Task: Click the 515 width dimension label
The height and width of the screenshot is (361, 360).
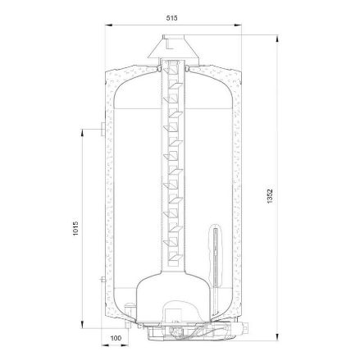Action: click(171, 18)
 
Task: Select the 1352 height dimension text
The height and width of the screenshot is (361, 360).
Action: click(270, 196)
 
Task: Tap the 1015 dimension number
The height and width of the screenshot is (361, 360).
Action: click(75, 228)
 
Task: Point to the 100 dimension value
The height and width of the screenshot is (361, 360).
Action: click(116, 338)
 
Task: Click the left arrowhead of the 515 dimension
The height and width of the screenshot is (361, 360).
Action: click(109, 25)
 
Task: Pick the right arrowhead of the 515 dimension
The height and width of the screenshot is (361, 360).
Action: click(238, 25)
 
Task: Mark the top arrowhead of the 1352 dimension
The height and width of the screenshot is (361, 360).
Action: click(277, 39)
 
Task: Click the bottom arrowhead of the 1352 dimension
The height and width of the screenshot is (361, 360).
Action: click(277, 337)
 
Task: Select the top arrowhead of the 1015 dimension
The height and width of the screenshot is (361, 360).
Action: click(82, 132)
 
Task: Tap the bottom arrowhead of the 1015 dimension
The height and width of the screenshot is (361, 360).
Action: click(82, 325)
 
